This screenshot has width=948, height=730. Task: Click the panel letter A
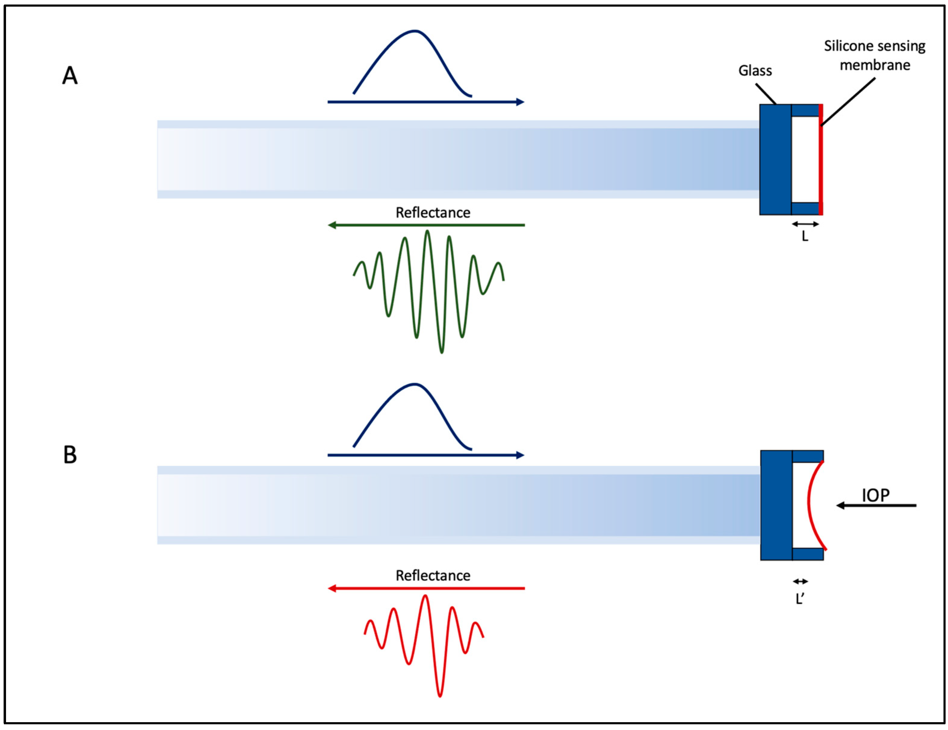click(x=70, y=76)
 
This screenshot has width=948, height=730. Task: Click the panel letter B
click(x=70, y=455)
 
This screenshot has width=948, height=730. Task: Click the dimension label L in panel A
click(x=805, y=237)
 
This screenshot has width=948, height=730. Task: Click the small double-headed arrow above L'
click(x=801, y=582)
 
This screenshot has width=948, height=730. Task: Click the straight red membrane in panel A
click(x=820, y=159)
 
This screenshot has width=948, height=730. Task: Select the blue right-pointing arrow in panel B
click(x=426, y=455)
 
